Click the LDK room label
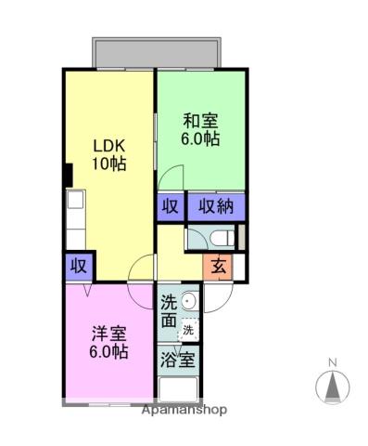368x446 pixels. tap(108, 146)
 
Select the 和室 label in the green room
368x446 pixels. tap(200, 121)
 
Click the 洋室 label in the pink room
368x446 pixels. tap(108, 334)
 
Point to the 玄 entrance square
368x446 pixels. tap(217, 266)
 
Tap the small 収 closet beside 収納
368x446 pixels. tap(170, 205)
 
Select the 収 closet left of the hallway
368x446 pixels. tap(78, 267)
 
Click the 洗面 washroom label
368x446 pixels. tap(168, 311)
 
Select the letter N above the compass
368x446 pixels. tap(331, 362)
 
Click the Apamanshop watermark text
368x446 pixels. tap(183, 409)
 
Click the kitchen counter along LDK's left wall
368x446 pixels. tap(75, 219)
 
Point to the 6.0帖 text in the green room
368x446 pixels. tap(200, 138)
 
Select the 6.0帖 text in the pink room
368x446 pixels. tap(108, 352)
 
